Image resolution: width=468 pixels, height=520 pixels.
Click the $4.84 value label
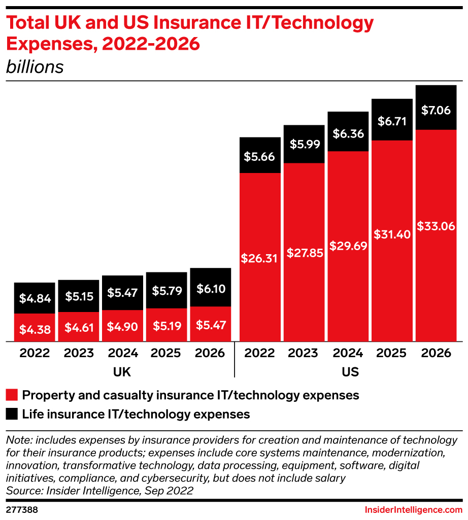click(x=35, y=298)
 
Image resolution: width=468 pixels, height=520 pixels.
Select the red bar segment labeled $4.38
click(x=35, y=328)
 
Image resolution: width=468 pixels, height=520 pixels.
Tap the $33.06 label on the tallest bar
click(x=436, y=227)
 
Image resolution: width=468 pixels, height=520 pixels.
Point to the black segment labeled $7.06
click(x=436, y=108)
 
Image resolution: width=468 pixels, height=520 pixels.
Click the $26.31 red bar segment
click(x=260, y=258)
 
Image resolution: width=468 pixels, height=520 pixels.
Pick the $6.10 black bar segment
click(x=211, y=288)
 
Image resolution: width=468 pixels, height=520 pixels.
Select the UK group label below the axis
click(x=122, y=372)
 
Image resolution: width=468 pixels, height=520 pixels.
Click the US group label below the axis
click(x=350, y=372)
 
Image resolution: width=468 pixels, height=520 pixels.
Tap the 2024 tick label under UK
click(x=123, y=353)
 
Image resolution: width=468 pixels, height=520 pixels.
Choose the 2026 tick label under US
click(x=436, y=353)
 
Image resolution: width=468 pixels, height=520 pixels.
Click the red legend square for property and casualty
click(x=12, y=395)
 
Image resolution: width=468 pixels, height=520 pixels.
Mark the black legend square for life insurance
click(x=12, y=414)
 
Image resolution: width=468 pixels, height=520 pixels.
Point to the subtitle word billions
click(x=35, y=67)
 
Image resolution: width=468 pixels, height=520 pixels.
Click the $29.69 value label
click(x=348, y=246)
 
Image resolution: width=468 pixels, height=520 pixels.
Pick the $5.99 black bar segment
click(x=304, y=144)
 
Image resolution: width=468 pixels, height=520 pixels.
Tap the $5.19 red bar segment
click(x=167, y=325)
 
